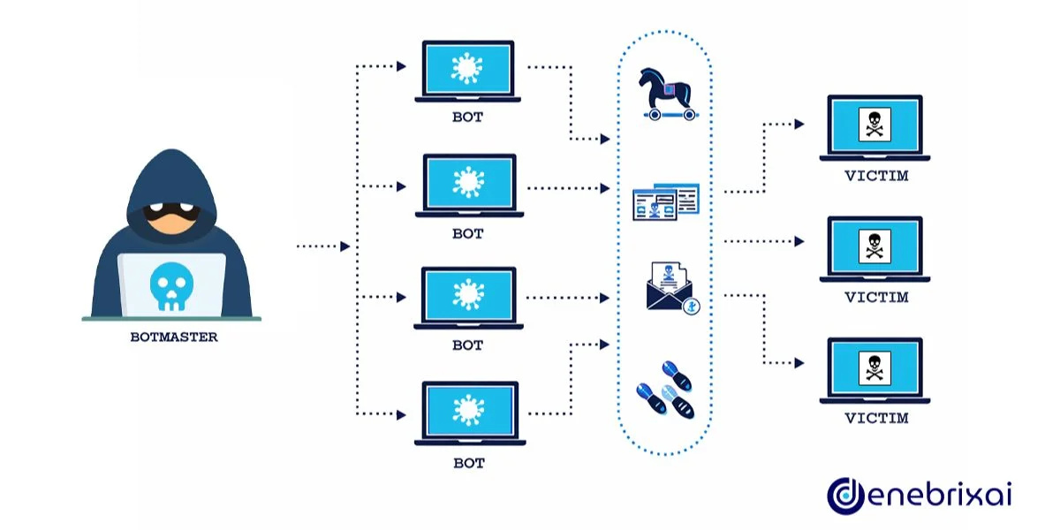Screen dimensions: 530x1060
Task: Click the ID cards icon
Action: pyautogui.click(x=665, y=202)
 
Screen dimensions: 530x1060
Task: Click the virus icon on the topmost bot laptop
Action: pyautogui.click(x=468, y=69)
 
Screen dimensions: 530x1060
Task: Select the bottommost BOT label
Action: pyautogui.click(x=468, y=462)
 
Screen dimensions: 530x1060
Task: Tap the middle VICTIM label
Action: pyautogui.click(x=875, y=298)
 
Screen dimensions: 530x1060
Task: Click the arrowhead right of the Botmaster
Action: pyautogui.click(x=345, y=246)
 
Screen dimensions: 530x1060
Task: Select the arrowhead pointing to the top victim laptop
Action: pyautogui.click(x=799, y=125)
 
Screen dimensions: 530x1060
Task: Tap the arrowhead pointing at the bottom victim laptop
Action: pyautogui.click(x=799, y=363)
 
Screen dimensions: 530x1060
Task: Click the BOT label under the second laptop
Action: pyautogui.click(x=468, y=234)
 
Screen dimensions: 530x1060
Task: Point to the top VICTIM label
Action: pyautogui.click(x=875, y=177)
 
